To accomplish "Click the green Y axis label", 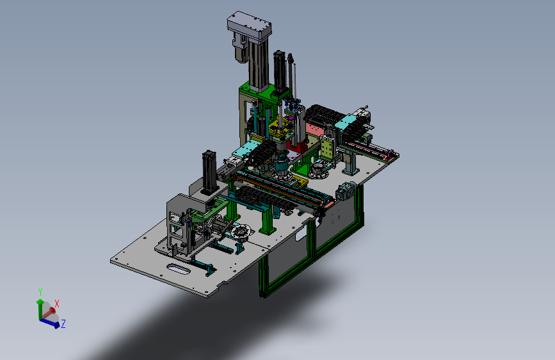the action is pos(40,292).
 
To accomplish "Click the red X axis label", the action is pos(56,304).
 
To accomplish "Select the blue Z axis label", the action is pos(63,324).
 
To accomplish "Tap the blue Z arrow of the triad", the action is pos(49,323).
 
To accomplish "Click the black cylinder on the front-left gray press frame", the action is pos(209,172).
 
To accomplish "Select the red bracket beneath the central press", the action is pos(297,145).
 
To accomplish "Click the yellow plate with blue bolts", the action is pos(280,129).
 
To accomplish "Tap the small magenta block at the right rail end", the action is pos(390,153).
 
